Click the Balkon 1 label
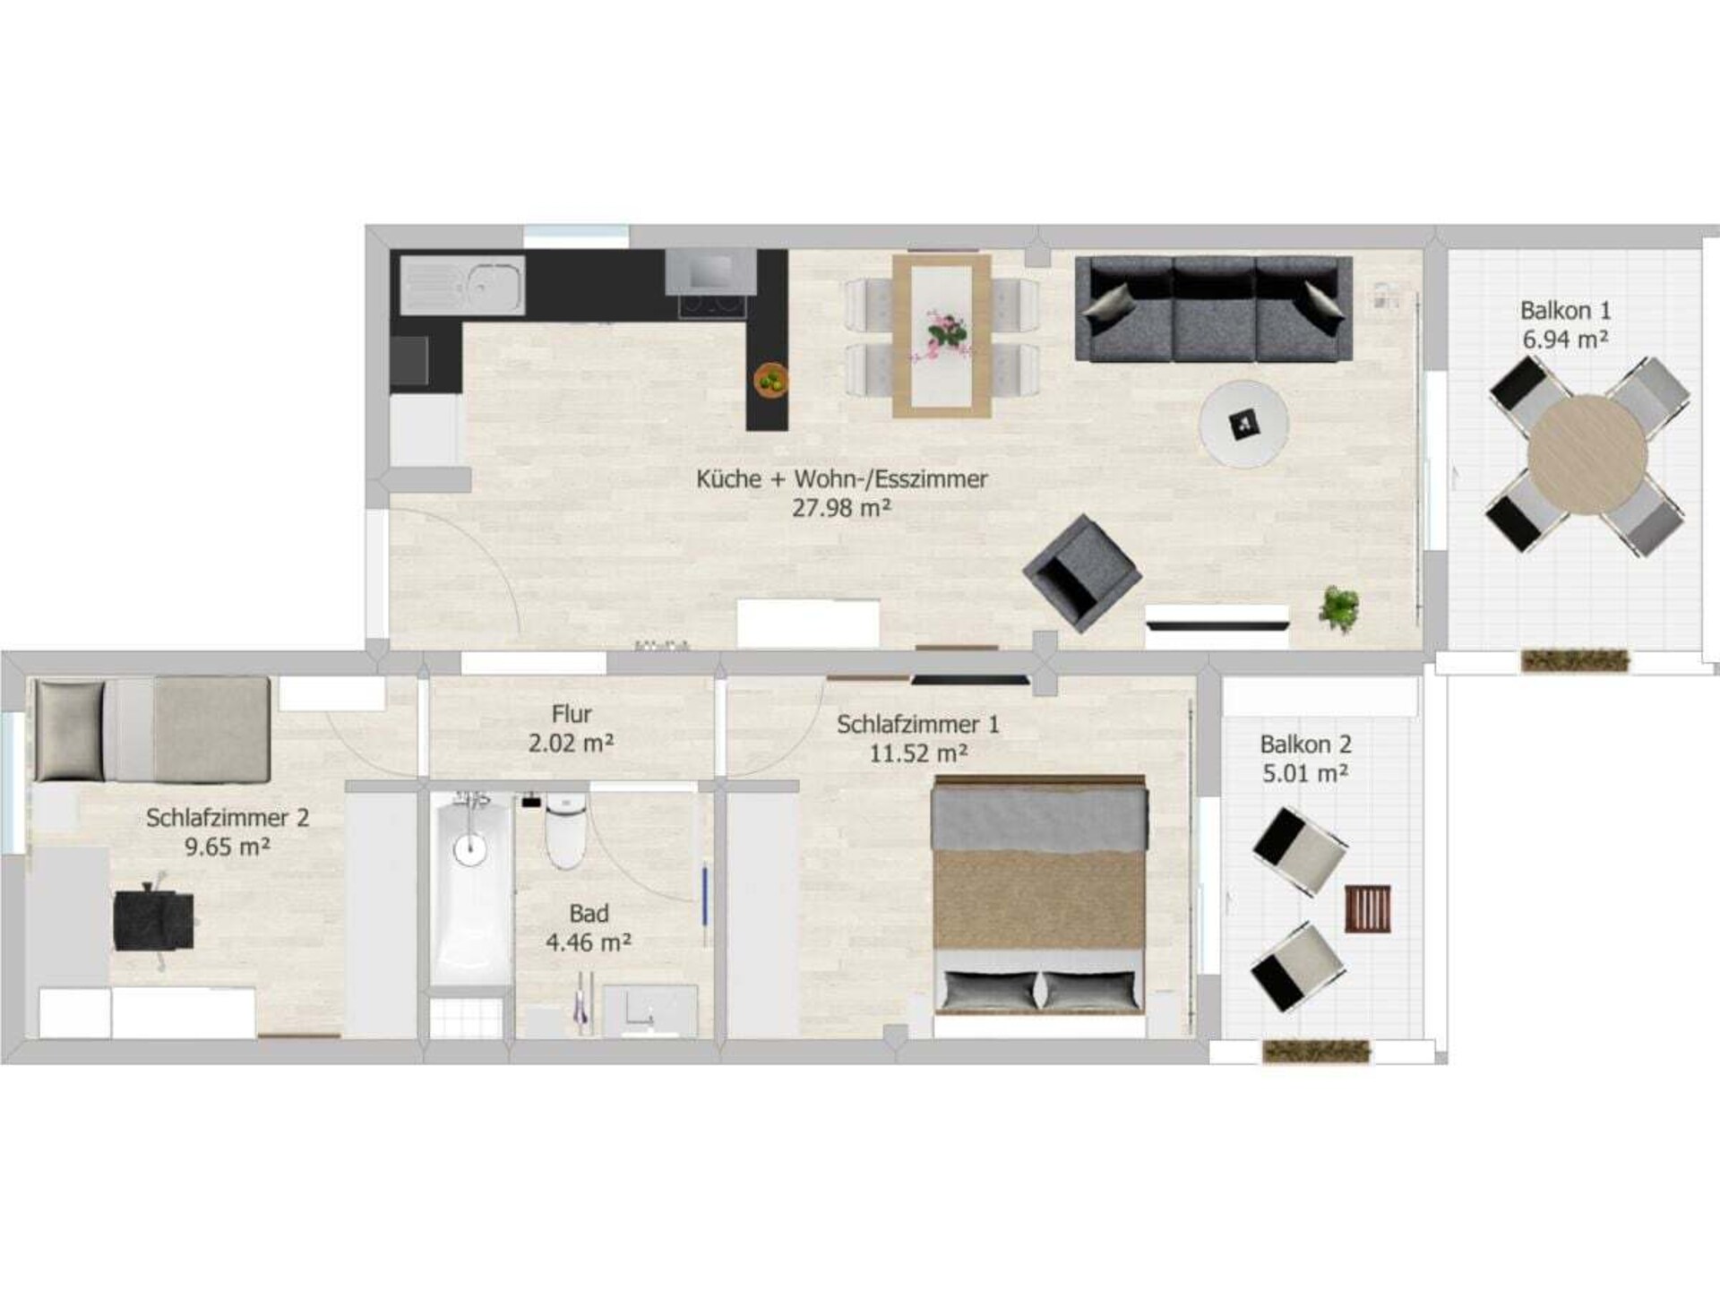click(x=1565, y=311)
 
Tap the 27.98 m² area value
click(x=841, y=508)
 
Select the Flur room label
click(x=572, y=714)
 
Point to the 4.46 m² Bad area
click(x=589, y=942)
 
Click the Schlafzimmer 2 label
click(x=228, y=817)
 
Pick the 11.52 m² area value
click(x=918, y=752)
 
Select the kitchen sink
click(x=461, y=285)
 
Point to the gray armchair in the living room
click(x=1082, y=573)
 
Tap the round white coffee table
click(x=1244, y=423)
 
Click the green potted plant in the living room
click(x=1339, y=609)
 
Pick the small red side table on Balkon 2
click(x=1368, y=908)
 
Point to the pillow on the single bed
click(x=69, y=731)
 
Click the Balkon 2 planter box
click(x=1316, y=1052)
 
